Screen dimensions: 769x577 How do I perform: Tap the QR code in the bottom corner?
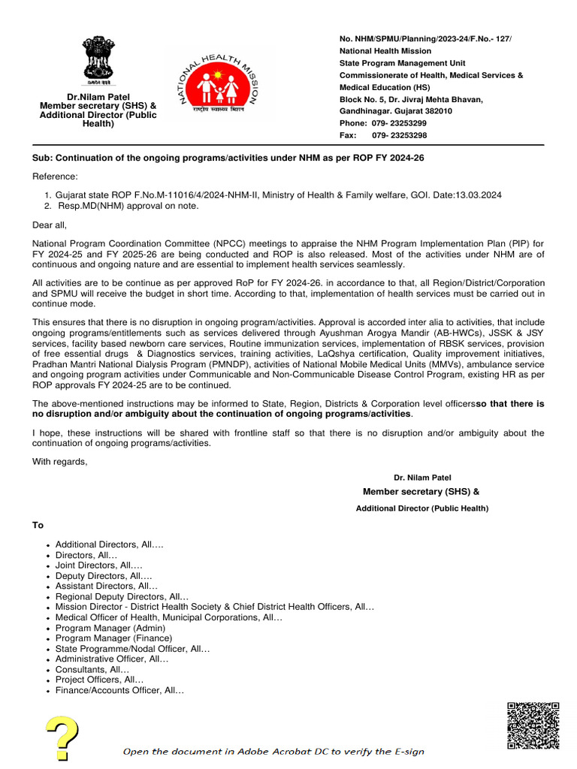[x=533, y=725]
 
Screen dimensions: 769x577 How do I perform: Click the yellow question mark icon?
[x=63, y=737]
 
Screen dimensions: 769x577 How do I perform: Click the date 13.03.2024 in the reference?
[x=476, y=195]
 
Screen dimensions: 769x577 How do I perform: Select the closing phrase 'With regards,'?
[x=59, y=461]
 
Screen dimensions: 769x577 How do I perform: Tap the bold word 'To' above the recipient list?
[x=38, y=525]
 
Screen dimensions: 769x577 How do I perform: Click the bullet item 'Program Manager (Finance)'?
[x=113, y=638]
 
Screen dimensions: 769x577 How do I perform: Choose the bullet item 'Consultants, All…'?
[x=92, y=669]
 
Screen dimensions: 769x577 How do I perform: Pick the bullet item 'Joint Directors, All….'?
[x=98, y=565]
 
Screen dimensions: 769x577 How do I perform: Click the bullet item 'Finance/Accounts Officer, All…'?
[x=119, y=690]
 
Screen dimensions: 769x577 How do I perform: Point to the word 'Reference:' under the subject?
[x=55, y=176]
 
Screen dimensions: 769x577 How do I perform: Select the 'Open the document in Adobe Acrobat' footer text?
[x=273, y=751]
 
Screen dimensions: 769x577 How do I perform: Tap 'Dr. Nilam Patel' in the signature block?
[x=422, y=478]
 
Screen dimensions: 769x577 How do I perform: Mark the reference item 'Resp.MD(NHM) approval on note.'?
[x=127, y=206]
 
